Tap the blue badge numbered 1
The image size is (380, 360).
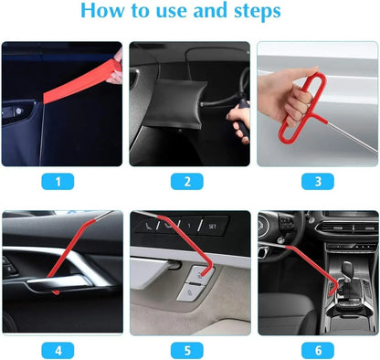coord(60,181)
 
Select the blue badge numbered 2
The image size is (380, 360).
coord(188,181)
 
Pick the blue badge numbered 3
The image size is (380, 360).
coord(317,181)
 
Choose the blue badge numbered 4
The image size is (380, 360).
coord(60,349)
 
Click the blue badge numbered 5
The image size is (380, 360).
coord(188,349)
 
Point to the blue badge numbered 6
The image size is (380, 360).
coord(317,349)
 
